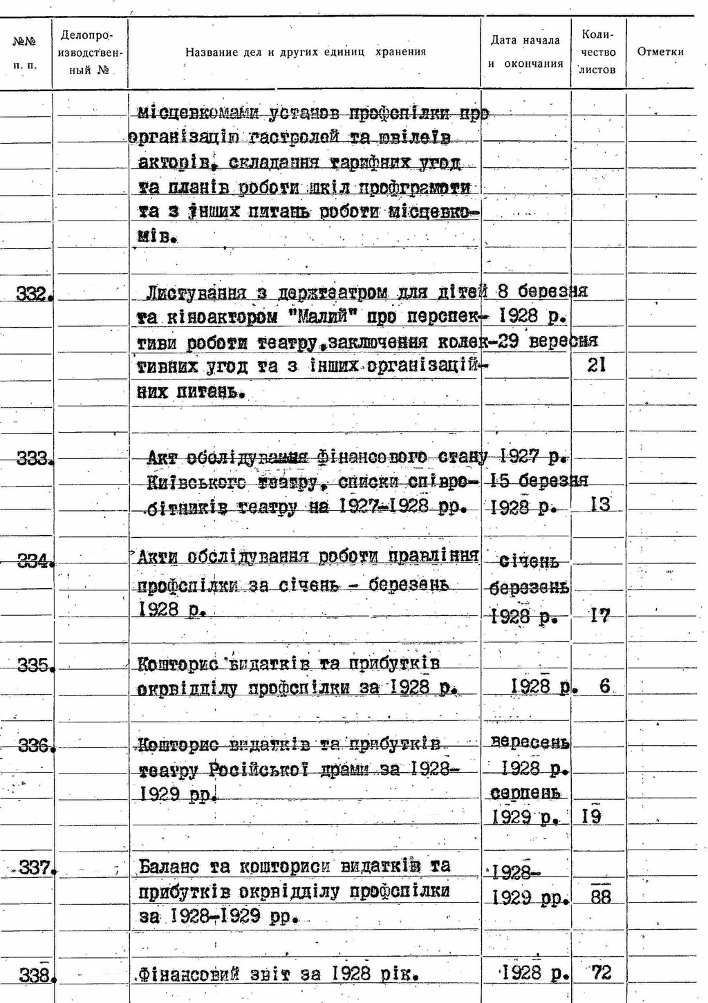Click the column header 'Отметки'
(x=660, y=52)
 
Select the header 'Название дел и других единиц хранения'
(x=305, y=52)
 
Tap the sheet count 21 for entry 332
(x=596, y=365)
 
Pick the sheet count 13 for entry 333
(x=600, y=505)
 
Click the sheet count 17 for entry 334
(x=599, y=615)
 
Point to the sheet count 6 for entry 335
(x=605, y=686)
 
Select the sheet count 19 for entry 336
(x=591, y=817)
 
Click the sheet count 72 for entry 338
(x=602, y=973)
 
